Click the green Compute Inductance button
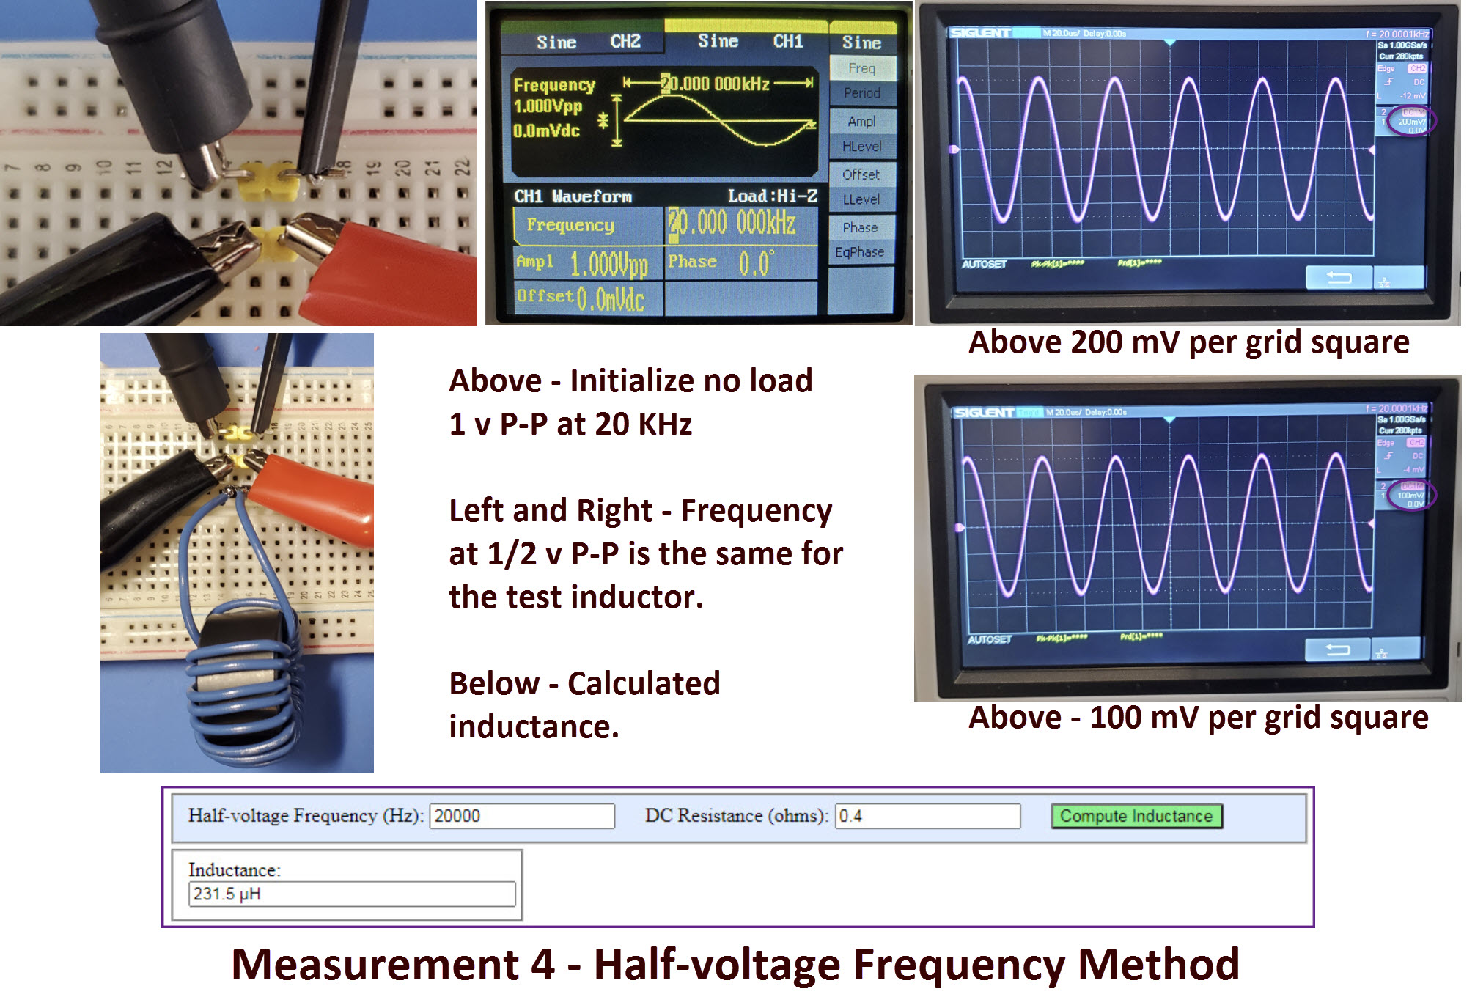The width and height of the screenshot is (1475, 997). pyautogui.click(x=1136, y=816)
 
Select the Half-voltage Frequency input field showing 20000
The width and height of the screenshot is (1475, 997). pyautogui.click(x=522, y=816)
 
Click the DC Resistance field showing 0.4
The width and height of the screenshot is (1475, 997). pyautogui.click(x=927, y=816)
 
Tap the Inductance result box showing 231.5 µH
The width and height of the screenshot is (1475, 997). pyautogui.click(x=352, y=894)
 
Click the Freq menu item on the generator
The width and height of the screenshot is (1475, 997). pyautogui.click(x=862, y=68)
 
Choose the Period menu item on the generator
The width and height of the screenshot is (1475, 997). pyautogui.click(x=862, y=93)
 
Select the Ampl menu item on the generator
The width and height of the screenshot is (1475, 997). pyautogui.click(x=862, y=121)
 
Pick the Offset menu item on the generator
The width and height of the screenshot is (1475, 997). pyautogui.click(x=861, y=174)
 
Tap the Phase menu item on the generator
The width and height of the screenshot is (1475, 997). pyautogui.click(x=861, y=227)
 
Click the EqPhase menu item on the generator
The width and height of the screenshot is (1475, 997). pyautogui.click(x=860, y=252)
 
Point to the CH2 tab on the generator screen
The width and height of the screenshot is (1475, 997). pyautogui.click(x=625, y=42)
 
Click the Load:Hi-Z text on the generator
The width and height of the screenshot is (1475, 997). pyautogui.click(x=772, y=196)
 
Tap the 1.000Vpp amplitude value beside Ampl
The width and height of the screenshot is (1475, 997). pyautogui.click(x=608, y=264)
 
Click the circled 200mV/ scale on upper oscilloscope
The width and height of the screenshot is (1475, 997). pyautogui.click(x=1410, y=122)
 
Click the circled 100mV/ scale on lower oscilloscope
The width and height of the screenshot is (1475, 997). pyautogui.click(x=1410, y=496)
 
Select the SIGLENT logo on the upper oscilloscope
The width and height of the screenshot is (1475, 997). pyautogui.click(x=980, y=33)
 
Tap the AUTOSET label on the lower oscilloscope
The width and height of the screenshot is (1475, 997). pyautogui.click(x=989, y=640)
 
